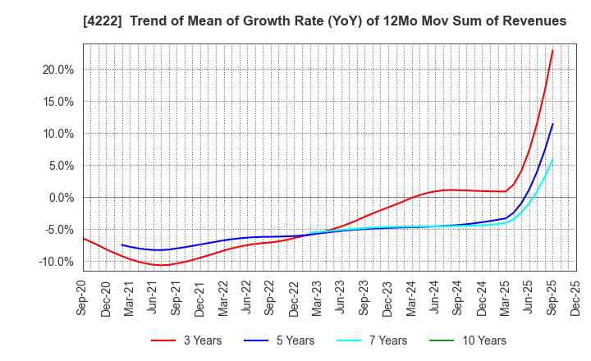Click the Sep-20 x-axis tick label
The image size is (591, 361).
pyautogui.click(x=84, y=296)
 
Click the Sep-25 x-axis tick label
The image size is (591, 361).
pyautogui.click(x=552, y=296)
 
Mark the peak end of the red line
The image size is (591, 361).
pyautogui.click(x=552, y=50)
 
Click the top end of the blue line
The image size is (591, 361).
pyautogui.click(x=552, y=124)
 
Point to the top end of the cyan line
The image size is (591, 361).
pyautogui.click(x=552, y=159)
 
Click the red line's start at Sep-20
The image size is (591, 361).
pyautogui.click(x=84, y=239)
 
